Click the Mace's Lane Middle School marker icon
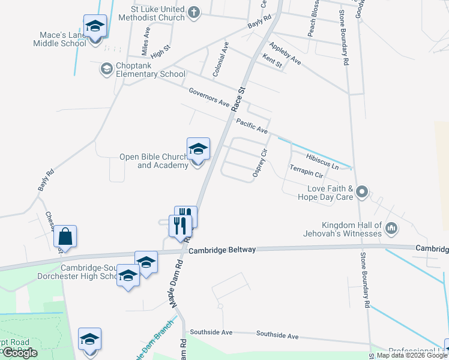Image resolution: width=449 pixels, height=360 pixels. click(x=95, y=27)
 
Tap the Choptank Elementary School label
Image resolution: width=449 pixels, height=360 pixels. click(x=143, y=74)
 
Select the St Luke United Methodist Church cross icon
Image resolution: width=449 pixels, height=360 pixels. click(x=193, y=11)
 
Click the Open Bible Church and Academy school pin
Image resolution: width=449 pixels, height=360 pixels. click(x=198, y=150)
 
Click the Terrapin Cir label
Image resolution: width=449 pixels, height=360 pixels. click(x=306, y=172)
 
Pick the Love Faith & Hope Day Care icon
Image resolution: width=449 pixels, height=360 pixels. click(x=362, y=192)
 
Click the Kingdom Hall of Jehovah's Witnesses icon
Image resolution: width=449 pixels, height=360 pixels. click(x=391, y=227)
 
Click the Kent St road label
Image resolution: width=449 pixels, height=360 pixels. click(x=272, y=61)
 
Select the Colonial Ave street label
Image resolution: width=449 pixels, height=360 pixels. click(x=221, y=59)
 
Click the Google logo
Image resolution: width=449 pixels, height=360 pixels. click(x=20, y=353)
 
